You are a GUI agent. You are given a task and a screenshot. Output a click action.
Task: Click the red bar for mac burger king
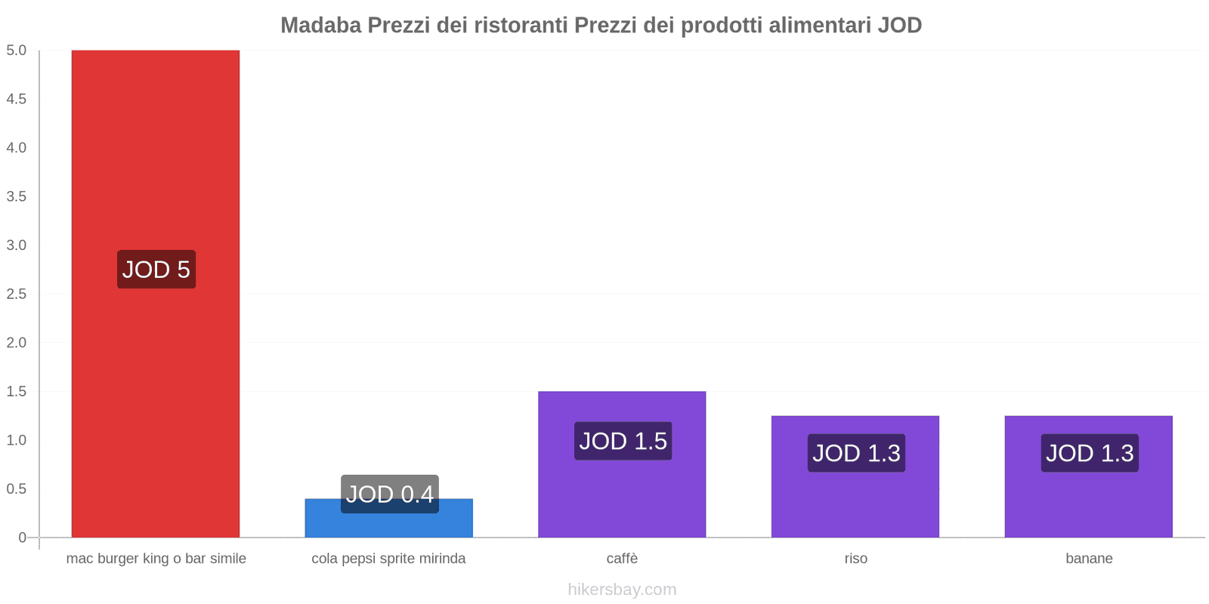(x=156, y=151)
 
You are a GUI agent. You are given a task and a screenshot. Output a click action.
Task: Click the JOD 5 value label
(x=156, y=270)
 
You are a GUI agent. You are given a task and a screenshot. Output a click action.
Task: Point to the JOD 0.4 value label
(x=389, y=494)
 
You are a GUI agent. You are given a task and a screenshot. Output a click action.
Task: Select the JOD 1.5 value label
(x=623, y=441)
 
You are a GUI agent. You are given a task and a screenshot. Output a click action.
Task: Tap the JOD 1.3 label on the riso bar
(x=856, y=453)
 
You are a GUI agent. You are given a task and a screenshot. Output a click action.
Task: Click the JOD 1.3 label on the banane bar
(x=1090, y=453)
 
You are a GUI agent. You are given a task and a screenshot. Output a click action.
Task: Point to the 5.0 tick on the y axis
(x=17, y=51)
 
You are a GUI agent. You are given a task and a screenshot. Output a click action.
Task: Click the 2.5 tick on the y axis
(x=17, y=294)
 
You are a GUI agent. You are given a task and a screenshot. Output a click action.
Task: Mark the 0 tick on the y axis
(x=22, y=538)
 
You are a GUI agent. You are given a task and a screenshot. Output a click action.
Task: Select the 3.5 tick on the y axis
(x=17, y=196)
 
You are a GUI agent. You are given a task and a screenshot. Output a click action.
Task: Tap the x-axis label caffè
(x=622, y=559)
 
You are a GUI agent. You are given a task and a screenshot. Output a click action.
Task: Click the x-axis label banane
(x=1089, y=559)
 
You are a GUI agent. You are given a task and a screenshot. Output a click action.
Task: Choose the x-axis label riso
(x=855, y=559)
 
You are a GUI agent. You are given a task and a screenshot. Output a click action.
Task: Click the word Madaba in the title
(x=320, y=26)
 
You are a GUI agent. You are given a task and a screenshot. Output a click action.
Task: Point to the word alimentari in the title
(x=819, y=26)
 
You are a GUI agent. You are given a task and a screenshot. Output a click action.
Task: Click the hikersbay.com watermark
(x=622, y=590)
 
